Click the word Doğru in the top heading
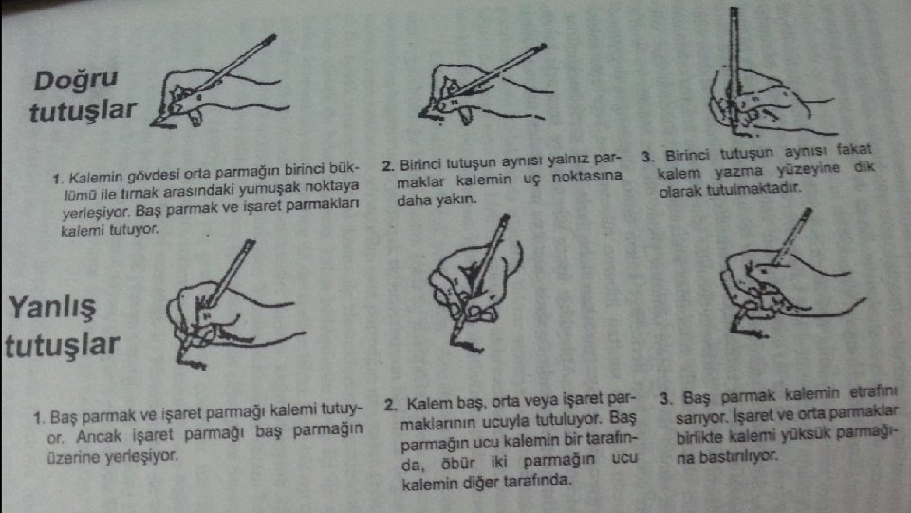pyautogui.click(x=76, y=80)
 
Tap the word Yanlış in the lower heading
pyautogui.click(x=51, y=307)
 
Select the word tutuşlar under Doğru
pyautogui.click(x=84, y=110)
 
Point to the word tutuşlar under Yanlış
pyautogui.click(x=63, y=344)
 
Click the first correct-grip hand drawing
pyautogui.click(x=218, y=83)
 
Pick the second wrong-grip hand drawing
pyautogui.click(x=475, y=283)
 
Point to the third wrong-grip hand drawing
pyautogui.click(x=790, y=274)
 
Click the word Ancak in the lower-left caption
pyautogui.click(x=99, y=436)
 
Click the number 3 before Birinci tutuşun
pyautogui.click(x=648, y=157)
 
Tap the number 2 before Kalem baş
pyautogui.click(x=391, y=405)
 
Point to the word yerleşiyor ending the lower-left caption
pyautogui.click(x=141, y=455)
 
